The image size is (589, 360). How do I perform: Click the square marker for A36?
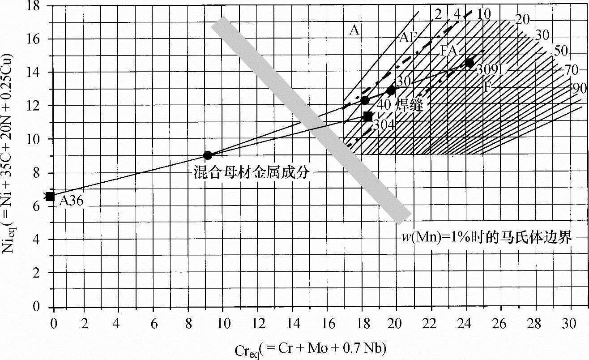coord(50,196)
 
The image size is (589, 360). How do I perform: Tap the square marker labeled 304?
coord(368,116)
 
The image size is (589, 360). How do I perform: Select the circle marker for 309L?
coord(469,63)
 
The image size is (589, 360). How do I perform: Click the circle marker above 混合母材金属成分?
coord(208,155)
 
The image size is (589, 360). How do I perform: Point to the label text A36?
coord(71,201)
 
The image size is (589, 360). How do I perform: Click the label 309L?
coord(491,70)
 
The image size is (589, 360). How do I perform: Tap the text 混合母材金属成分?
coord(251,173)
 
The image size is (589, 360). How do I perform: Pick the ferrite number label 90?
coord(579,88)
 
